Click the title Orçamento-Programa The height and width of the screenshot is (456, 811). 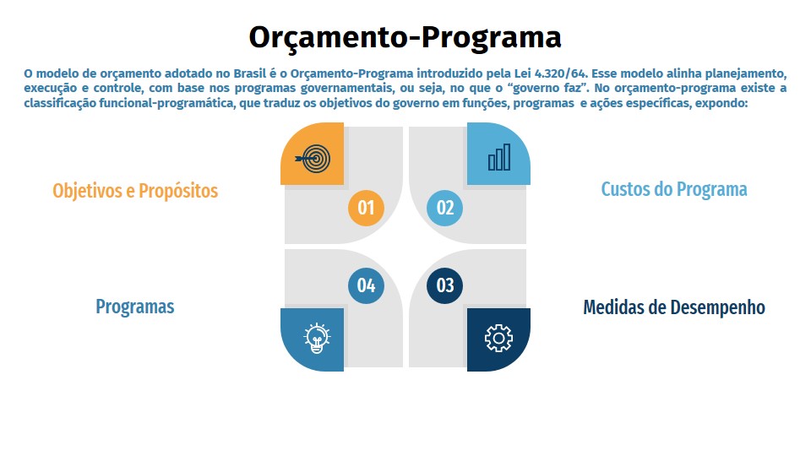tap(405, 37)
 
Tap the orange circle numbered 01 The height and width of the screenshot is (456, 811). tap(366, 208)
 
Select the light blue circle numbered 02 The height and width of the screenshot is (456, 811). tap(445, 208)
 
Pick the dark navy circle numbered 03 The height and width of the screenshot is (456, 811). tap(445, 285)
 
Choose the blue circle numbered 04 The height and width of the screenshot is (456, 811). tap(366, 285)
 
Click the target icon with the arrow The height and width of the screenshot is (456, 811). tap(313, 158)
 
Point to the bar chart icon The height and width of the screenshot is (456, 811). tap(499, 157)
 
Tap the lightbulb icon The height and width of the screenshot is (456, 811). tap(317, 338)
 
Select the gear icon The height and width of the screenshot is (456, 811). tap(498, 338)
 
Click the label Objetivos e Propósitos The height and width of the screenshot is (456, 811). tap(135, 191)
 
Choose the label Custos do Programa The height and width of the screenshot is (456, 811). tap(674, 189)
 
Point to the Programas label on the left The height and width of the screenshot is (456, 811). tap(135, 307)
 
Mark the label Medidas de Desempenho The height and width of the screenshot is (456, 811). tap(674, 307)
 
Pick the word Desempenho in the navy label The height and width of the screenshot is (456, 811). tap(717, 307)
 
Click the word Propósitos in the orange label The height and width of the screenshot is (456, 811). tap(178, 191)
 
